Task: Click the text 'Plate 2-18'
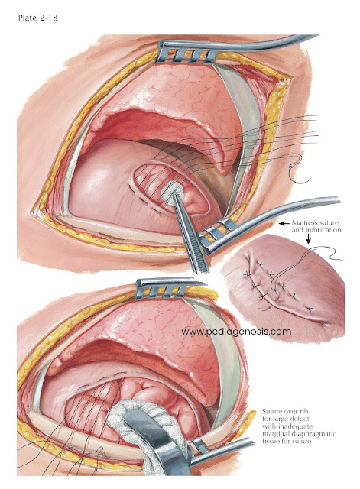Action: coord(37,18)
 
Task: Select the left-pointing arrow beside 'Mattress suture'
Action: coord(284,223)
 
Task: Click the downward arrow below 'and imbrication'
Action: coord(309,239)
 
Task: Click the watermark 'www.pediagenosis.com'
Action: coord(236,332)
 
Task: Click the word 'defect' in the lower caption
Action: coord(300,419)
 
